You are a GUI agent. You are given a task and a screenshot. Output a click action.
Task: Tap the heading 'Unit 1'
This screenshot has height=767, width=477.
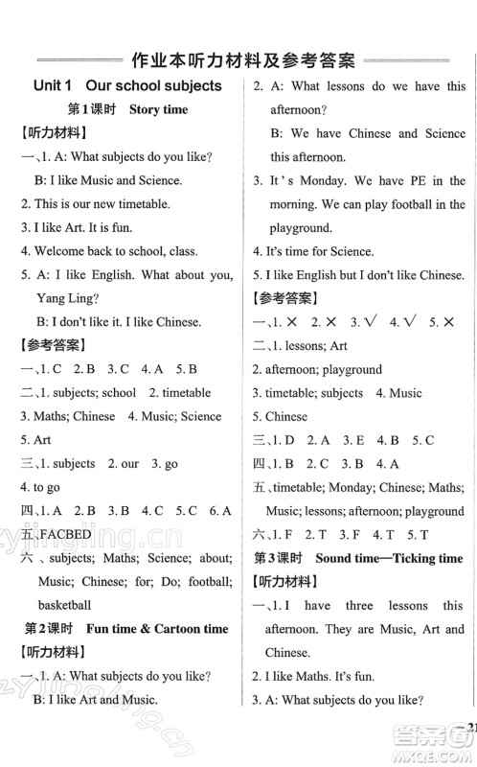(x=57, y=86)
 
